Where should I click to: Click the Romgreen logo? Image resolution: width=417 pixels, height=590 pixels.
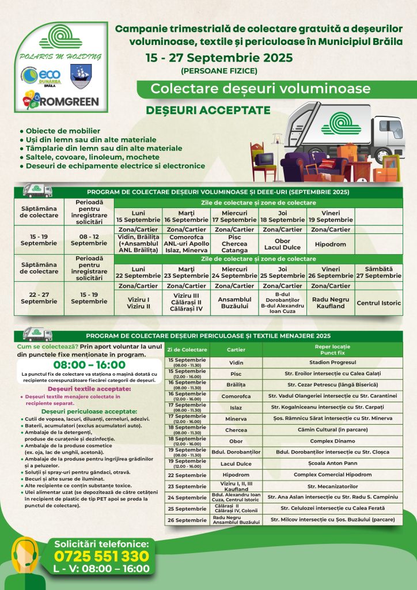pos(60,100)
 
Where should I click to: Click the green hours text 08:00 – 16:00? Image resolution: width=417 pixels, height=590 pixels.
pos(89,365)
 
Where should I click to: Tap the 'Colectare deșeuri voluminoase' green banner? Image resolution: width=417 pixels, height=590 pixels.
pos(260,89)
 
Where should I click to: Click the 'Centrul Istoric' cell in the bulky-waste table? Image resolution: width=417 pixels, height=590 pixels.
pos(379,302)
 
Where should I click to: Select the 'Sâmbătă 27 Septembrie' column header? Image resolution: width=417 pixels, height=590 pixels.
pos(379,273)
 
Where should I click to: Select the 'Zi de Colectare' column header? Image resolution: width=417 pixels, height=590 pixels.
pos(187,350)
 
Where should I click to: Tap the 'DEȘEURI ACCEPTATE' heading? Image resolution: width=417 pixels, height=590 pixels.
pos(200,109)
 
